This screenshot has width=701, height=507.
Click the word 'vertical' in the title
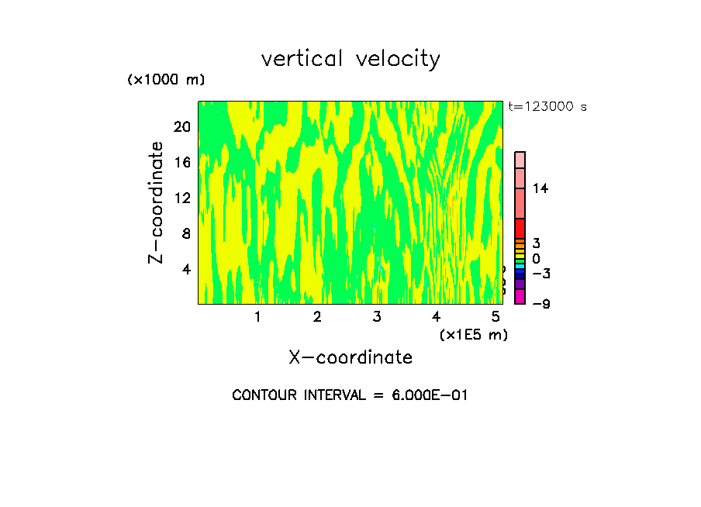(x=302, y=59)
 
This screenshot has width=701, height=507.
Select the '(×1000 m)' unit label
(x=166, y=80)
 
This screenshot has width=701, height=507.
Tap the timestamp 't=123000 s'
(x=547, y=106)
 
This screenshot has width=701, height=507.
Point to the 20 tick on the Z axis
(x=182, y=126)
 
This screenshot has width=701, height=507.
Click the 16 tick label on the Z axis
(x=182, y=162)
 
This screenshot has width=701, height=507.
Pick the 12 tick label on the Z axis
(x=182, y=198)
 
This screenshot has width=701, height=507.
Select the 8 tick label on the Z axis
(x=186, y=233)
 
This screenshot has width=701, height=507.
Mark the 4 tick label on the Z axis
(x=186, y=269)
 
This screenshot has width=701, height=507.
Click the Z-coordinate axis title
(x=157, y=202)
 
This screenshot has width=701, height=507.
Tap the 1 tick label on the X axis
(x=257, y=316)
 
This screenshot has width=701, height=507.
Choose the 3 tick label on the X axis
(x=377, y=316)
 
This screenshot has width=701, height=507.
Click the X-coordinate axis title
(x=350, y=357)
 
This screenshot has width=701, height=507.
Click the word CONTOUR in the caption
(x=266, y=395)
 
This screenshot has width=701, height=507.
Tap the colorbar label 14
(x=540, y=188)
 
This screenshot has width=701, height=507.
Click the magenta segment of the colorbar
(x=520, y=296)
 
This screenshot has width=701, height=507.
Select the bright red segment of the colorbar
(x=520, y=229)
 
